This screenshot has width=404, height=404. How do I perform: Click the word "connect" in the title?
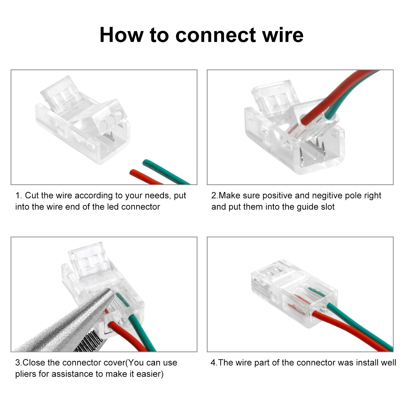point(216,35)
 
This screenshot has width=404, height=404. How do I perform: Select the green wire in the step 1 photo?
point(166,172)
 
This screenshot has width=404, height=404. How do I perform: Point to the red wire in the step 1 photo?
point(146,177)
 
